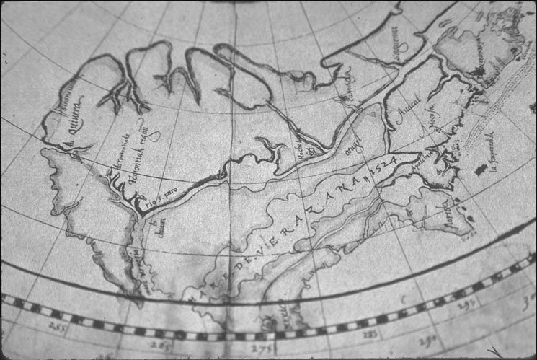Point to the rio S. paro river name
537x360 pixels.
(161, 204)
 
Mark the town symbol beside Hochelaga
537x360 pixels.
(311, 151)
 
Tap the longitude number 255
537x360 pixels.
(58, 329)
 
